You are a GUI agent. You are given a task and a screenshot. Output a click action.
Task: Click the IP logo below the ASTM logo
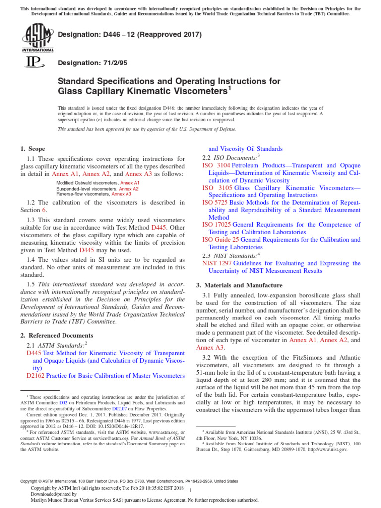point(31,63)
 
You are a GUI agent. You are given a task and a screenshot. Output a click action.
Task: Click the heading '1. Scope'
point(32,149)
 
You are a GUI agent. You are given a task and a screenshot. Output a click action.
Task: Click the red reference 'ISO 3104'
point(216,165)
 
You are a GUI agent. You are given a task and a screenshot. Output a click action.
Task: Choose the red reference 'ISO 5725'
point(216,202)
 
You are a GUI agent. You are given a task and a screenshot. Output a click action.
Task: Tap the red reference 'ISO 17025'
point(218,225)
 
